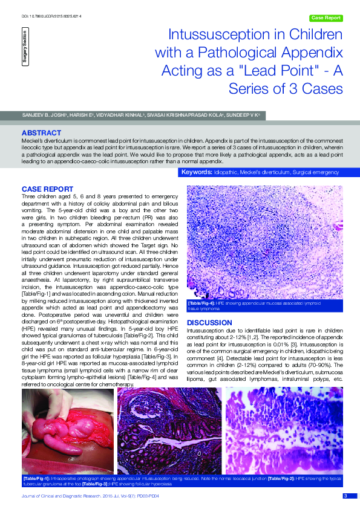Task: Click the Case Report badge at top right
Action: point(326,18)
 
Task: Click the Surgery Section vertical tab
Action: point(25,49)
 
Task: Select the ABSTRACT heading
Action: point(41,132)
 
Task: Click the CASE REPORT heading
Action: point(47,189)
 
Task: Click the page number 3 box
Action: point(345,496)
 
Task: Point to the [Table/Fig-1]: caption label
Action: point(35,478)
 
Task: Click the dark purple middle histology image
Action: point(169,430)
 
